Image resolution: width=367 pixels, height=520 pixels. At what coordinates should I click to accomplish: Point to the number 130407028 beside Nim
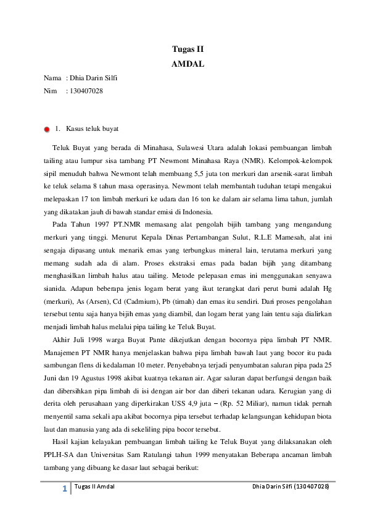pyautogui.click(x=86, y=91)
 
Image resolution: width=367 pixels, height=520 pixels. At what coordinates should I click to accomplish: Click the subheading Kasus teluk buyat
pyautogui.click(x=92, y=128)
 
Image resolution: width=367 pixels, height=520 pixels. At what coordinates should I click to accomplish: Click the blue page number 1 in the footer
pyautogui.click(x=64, y=489)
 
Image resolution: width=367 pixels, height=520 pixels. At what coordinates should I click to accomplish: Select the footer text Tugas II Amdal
pyautogui.click(x=94, y=488)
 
